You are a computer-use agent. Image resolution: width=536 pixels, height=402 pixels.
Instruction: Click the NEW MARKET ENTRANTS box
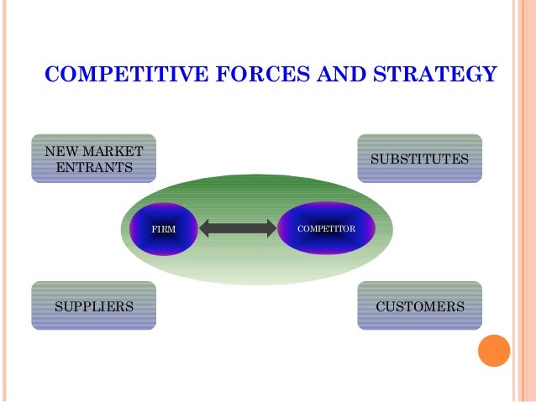(93, 159)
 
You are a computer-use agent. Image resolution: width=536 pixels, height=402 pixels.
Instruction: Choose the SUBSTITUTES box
(419, 159)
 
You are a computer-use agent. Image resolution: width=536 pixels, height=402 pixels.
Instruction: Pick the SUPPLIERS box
(93, 306)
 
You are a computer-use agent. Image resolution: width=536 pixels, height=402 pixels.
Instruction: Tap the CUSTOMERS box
(419, 306)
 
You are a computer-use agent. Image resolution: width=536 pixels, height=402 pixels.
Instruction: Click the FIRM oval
(163, 228)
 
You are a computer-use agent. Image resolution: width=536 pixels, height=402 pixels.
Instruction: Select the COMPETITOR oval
(327, 228)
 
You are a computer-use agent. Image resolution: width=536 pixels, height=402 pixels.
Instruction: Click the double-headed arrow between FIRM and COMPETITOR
(239, 228)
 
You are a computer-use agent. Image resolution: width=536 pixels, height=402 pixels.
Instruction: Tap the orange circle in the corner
(494, 350)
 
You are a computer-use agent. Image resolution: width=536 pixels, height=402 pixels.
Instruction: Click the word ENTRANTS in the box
(93, 167)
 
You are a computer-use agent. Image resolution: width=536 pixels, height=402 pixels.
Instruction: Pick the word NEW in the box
(60, 152)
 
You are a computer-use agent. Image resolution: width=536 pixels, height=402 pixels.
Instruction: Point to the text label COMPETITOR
(327, 228)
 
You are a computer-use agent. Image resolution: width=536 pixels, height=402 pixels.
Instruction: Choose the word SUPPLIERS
(93, 306)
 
